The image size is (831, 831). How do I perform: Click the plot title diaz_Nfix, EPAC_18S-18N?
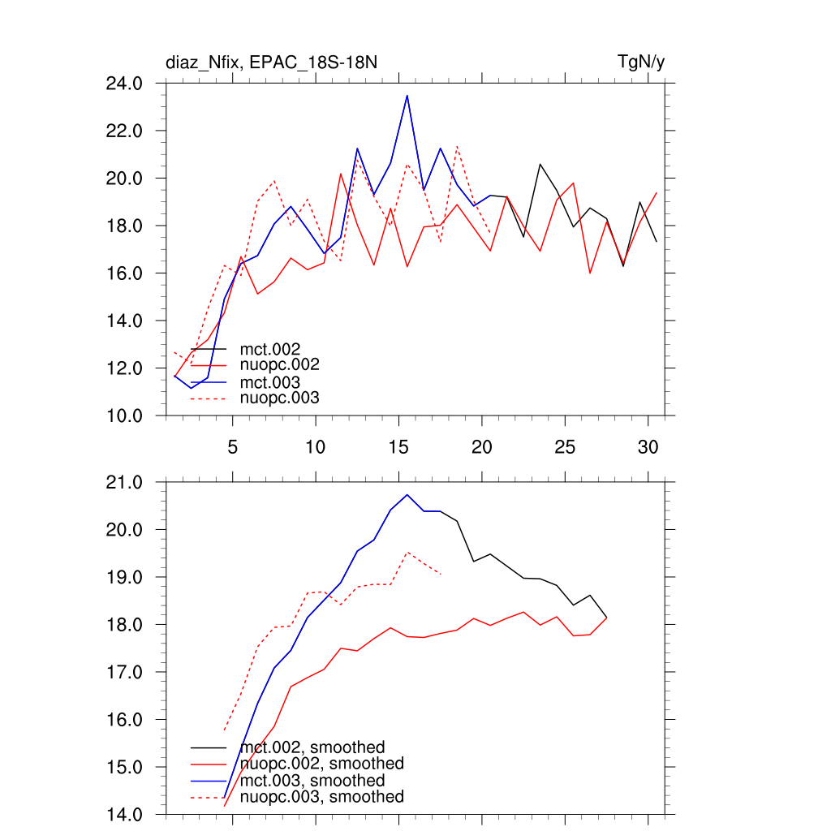click(x=272, y=62)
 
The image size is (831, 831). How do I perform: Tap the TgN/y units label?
click(x=642, y=62)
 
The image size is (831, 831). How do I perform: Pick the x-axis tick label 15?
click(x=398, y=447)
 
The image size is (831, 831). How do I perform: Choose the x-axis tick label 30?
click(x=648, y=447)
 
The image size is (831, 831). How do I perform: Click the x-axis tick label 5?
click(x=232, y=447)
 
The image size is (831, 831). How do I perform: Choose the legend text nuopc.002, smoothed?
click(x=321, y=764)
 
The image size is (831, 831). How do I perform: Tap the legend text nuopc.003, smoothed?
click(x=321, y=797)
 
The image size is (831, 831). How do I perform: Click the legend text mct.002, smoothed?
click(x=312, y=747)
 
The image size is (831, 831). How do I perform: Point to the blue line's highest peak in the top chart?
click(x=407, y=96)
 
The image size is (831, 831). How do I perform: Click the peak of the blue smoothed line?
click(x=407, y=494)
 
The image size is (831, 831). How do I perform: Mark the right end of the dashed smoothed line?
click(x=441, y=574)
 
